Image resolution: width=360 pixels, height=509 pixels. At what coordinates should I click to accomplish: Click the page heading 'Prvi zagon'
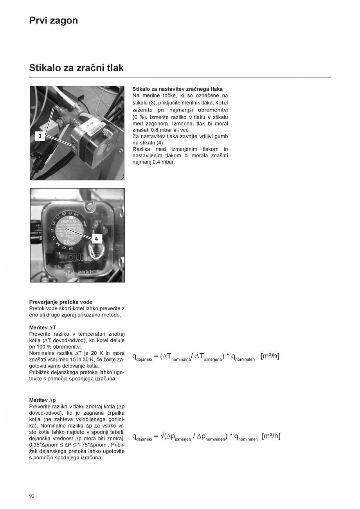point(54,21)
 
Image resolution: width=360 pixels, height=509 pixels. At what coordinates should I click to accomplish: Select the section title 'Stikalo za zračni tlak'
point(76,68)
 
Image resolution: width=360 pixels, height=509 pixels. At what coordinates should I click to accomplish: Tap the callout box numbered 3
point(40,136)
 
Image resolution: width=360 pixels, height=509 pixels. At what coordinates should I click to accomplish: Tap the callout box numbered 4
point(96,238)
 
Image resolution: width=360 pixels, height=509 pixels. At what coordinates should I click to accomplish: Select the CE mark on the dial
point(67,241)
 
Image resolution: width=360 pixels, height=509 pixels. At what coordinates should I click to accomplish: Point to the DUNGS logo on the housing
point(84,258)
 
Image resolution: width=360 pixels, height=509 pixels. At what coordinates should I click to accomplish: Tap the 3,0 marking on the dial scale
point(71,248)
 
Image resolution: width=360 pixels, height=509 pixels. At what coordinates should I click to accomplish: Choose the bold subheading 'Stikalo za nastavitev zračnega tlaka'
point(177,89)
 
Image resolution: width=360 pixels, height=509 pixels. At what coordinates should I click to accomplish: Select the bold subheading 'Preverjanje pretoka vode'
point(61,302)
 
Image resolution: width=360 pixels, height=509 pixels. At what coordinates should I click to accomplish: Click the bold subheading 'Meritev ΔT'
point(43,327)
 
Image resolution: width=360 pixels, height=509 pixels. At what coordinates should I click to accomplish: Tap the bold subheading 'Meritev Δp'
point(43,400)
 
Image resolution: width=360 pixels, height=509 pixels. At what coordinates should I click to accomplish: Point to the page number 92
point(32,496)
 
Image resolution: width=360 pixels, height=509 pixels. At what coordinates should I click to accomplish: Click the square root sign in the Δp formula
point(162,436)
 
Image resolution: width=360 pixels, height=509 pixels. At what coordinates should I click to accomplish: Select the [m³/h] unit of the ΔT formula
point(270,356)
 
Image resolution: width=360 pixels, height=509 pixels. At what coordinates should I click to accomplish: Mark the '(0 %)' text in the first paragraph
point(139,117)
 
